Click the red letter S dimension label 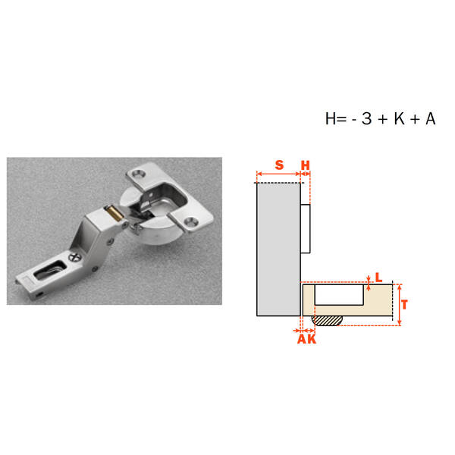click(279, 165)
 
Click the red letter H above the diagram click(306, 165)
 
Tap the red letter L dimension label click(378, 278)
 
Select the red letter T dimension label click(404, 305)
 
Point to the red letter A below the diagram click(302, 339)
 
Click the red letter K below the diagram click(312, 339)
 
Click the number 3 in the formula click(366, 119)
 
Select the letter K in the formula click(400, 119)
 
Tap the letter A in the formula click(431, 119)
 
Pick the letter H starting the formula click(331, 119)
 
